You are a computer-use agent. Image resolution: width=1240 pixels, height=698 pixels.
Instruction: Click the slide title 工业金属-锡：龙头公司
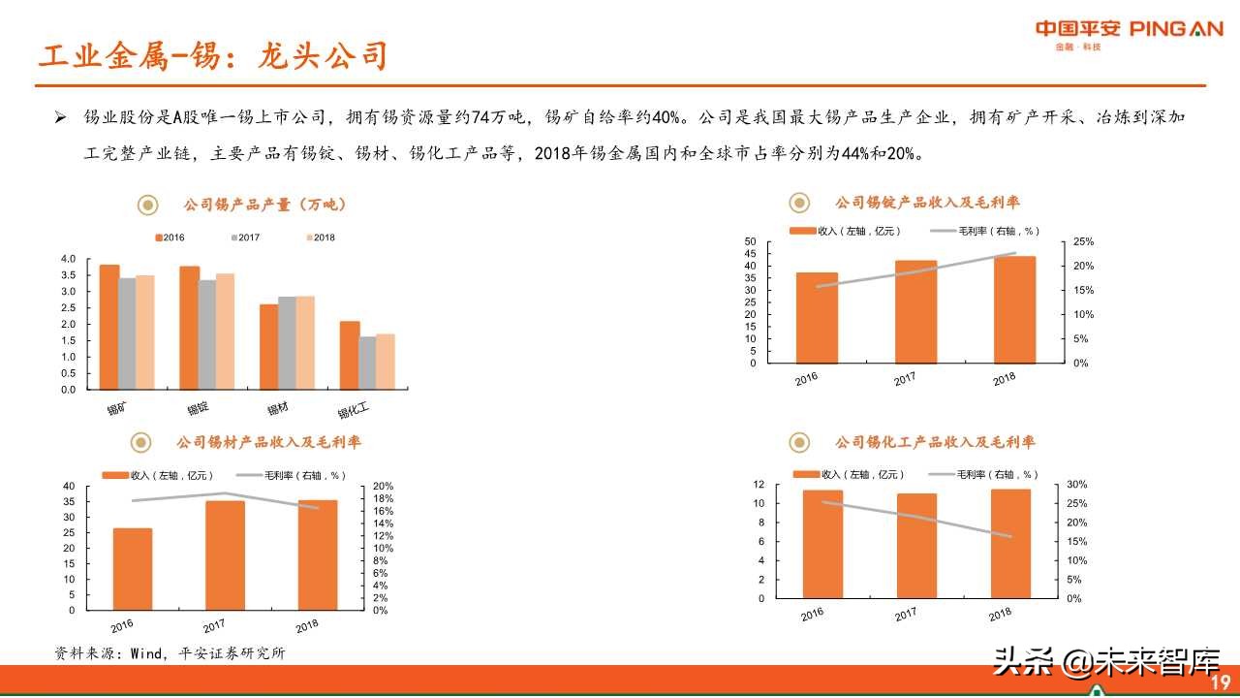click(212, 56)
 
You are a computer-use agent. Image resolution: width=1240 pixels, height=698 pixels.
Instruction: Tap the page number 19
click(1220, 681)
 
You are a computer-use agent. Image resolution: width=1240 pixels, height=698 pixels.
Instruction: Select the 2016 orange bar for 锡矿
click(109, 327)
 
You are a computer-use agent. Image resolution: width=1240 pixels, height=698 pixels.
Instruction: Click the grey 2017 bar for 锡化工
click(367, 363)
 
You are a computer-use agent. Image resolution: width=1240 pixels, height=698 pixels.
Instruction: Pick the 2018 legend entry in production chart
click(319, 238)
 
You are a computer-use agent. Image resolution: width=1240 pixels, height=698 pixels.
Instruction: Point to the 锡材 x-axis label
click(278, 408)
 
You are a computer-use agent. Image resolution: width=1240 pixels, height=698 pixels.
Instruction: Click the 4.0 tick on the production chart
click(67, 259)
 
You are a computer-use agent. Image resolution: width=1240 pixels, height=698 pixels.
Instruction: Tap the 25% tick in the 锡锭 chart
click(1084, 241)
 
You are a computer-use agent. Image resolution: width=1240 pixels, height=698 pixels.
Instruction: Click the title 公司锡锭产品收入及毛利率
click(927, 203)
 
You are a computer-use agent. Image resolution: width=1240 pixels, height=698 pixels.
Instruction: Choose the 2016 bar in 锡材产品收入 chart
click(133, 569)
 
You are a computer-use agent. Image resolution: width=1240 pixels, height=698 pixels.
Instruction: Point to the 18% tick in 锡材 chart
click(384, 498)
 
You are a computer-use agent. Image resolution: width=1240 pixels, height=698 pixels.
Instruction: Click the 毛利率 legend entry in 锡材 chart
click(292, 475)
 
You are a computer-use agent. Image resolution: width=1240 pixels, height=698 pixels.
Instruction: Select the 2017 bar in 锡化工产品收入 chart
click(916, 546)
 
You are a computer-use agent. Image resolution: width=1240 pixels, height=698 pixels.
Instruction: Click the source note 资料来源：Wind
click(170, 653)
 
